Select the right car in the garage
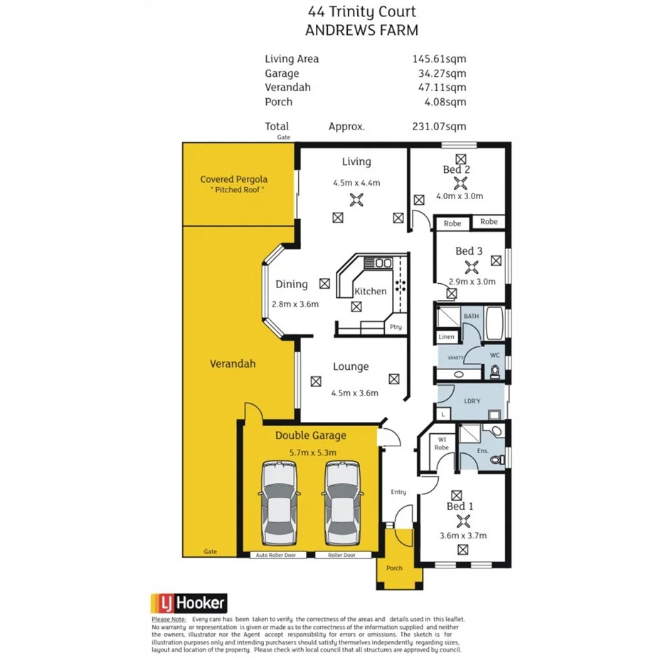(342, 502)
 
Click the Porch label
(394, 568)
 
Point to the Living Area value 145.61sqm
(440, 59)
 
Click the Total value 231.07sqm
(440, 127)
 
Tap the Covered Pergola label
(234, 179)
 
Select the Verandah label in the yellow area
(233, 364)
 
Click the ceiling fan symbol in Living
(356, 200)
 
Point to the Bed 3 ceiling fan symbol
(470, 267)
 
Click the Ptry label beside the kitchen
(396, 327)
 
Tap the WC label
(496, 355)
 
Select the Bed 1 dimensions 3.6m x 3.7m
(462, 536)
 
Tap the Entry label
(398, 492)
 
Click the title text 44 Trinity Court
(361, 11)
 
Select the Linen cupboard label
(447, 336)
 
